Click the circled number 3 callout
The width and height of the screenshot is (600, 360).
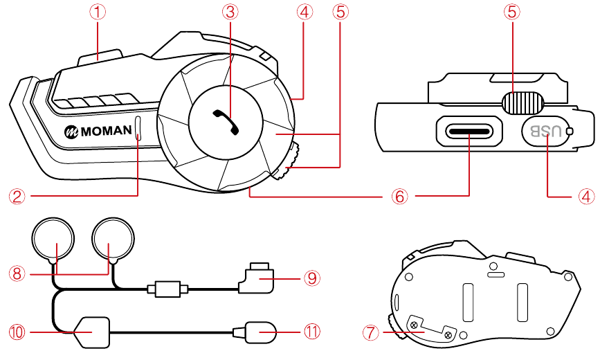(229, 12)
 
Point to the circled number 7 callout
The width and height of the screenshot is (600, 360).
(371, 332)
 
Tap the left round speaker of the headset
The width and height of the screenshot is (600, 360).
(53, 237)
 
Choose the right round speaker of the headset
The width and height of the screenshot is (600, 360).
(113, 237)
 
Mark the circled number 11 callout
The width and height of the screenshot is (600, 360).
(312, 332)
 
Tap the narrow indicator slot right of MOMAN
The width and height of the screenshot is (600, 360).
(138, 129)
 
